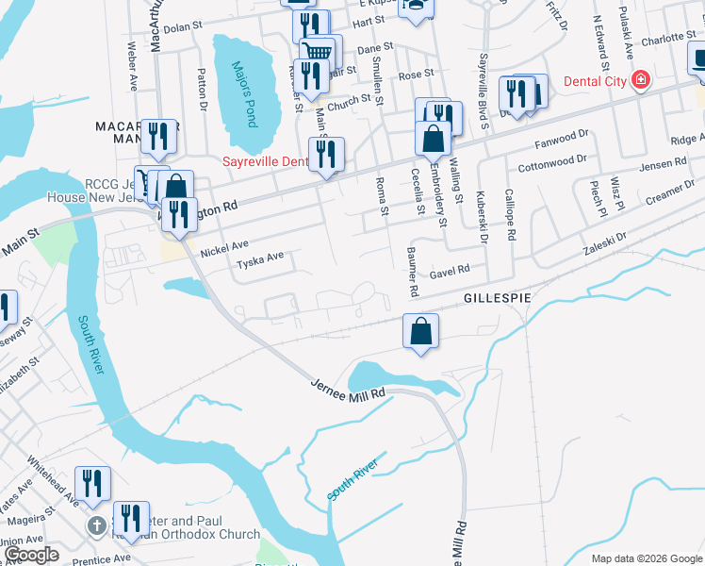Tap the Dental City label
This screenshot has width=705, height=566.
(596, 81)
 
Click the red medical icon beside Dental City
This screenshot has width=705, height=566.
(641, 80)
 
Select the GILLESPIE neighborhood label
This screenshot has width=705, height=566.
(496, 297)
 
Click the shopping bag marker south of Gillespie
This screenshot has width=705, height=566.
(420, 331)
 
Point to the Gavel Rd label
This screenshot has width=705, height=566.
(450, 272)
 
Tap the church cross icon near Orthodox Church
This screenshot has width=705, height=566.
(95, 524)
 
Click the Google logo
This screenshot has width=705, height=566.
(31, 556)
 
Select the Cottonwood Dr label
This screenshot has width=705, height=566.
(554, 160)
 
